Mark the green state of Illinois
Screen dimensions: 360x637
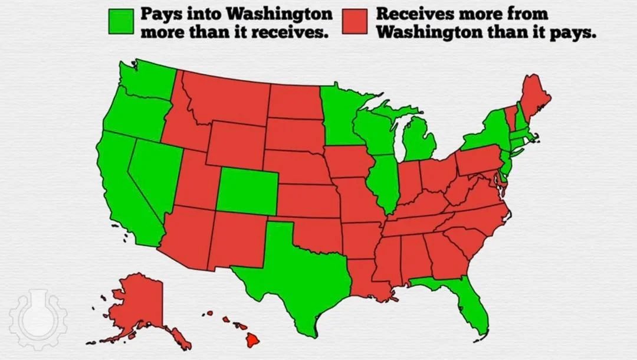pyautogui.click(x=383, y=180)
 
